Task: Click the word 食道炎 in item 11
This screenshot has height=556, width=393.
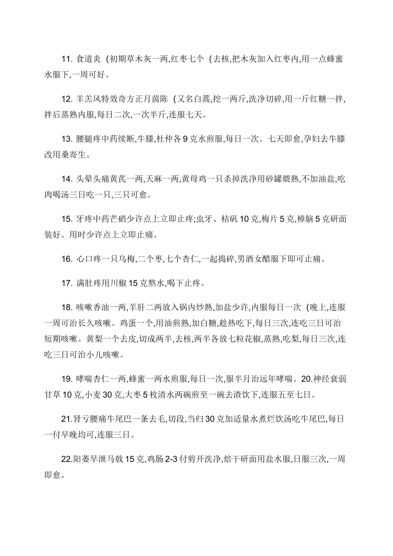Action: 89,59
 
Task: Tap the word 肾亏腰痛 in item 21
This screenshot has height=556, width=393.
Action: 90,419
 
